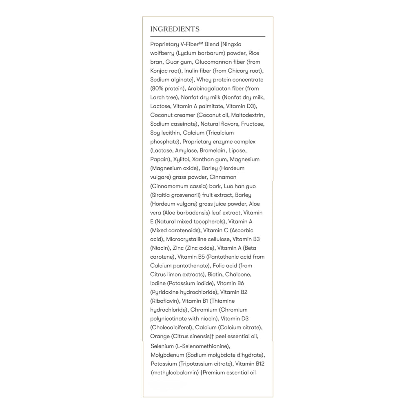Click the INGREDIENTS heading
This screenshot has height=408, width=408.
coord(175,29)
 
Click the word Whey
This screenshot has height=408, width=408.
coord(203,80)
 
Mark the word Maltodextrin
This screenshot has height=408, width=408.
coord(248,115)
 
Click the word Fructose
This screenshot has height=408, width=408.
coord(253,124)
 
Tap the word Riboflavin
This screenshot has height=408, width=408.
coord(164,301)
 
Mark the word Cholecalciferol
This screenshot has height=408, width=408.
coord(171,328)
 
